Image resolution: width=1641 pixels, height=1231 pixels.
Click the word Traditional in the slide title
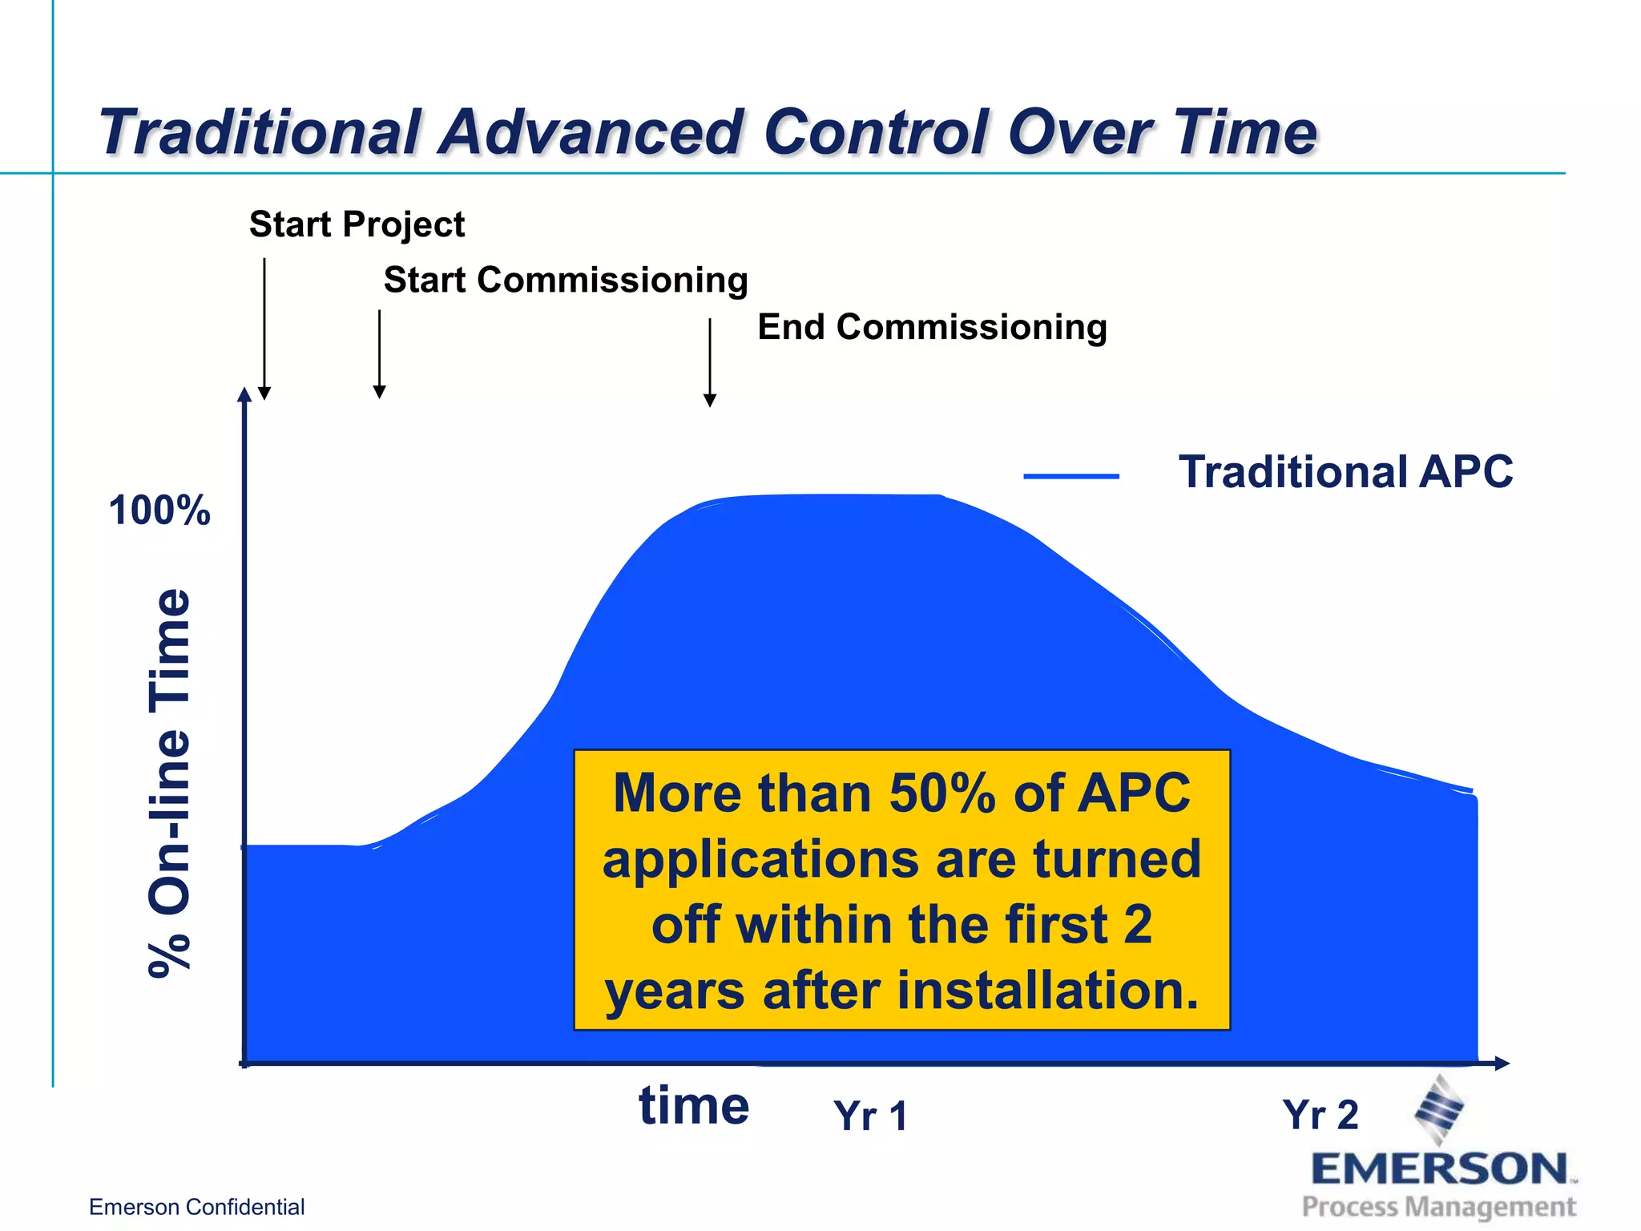click(x=260, y=132)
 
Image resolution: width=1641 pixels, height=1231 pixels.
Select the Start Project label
click(x=357, y=224)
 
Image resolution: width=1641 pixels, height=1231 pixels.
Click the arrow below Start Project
click(x=264, y=329)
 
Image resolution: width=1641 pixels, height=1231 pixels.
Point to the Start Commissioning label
click(x=566, y=281)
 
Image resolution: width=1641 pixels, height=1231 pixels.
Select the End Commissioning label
click(x=932, y=327)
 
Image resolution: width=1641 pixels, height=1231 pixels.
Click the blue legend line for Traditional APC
click(x=1070, y=476)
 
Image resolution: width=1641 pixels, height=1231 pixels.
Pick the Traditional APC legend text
click(x=1345, y=471)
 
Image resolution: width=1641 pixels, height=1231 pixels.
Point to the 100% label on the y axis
click(x=159, y=511)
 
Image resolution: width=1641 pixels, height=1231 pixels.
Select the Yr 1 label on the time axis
click(x=870, y=1116)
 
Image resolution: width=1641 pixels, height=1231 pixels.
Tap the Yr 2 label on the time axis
click(x=1320, y=1114)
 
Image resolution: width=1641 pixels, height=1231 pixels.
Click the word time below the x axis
click(x=694, y=1106)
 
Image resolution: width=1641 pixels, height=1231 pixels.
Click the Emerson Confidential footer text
click(x=196, y=1207)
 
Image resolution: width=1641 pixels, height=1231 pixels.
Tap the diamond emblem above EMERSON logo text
click(x=1440, y=1111)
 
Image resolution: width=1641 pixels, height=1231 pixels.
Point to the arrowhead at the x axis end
click(x=1502, y=1064)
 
